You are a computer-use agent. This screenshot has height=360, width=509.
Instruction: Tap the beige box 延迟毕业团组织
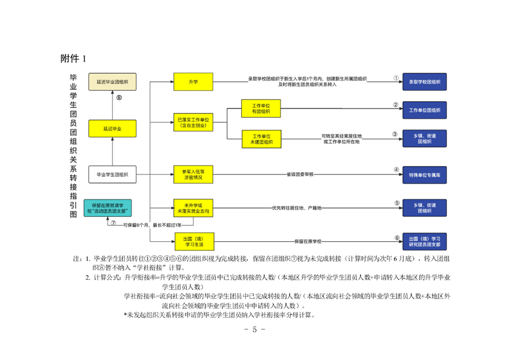pos(112,82)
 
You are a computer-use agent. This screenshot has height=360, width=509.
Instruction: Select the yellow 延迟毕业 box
pos(112,128)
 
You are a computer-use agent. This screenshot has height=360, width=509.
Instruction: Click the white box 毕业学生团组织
pos(112,175)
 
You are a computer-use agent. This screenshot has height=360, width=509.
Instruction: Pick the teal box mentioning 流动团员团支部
pos(108,207)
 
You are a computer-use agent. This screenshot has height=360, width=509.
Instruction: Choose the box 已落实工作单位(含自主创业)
pos(193,122)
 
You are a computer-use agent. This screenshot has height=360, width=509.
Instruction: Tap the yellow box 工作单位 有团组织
pos(262,108)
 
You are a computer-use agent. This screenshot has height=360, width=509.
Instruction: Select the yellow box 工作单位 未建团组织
pos(262,138)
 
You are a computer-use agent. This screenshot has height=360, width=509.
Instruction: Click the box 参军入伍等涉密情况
pos(193,175)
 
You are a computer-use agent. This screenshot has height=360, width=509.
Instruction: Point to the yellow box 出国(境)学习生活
pos(193,240)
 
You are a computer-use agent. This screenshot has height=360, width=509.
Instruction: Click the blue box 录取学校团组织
pos(424,82)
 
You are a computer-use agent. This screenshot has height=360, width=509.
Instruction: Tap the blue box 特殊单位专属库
pos(424,175)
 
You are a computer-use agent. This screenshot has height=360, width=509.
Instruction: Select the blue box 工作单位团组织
pos(424,111)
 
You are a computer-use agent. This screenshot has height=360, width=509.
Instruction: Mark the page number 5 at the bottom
pos(254,330)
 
